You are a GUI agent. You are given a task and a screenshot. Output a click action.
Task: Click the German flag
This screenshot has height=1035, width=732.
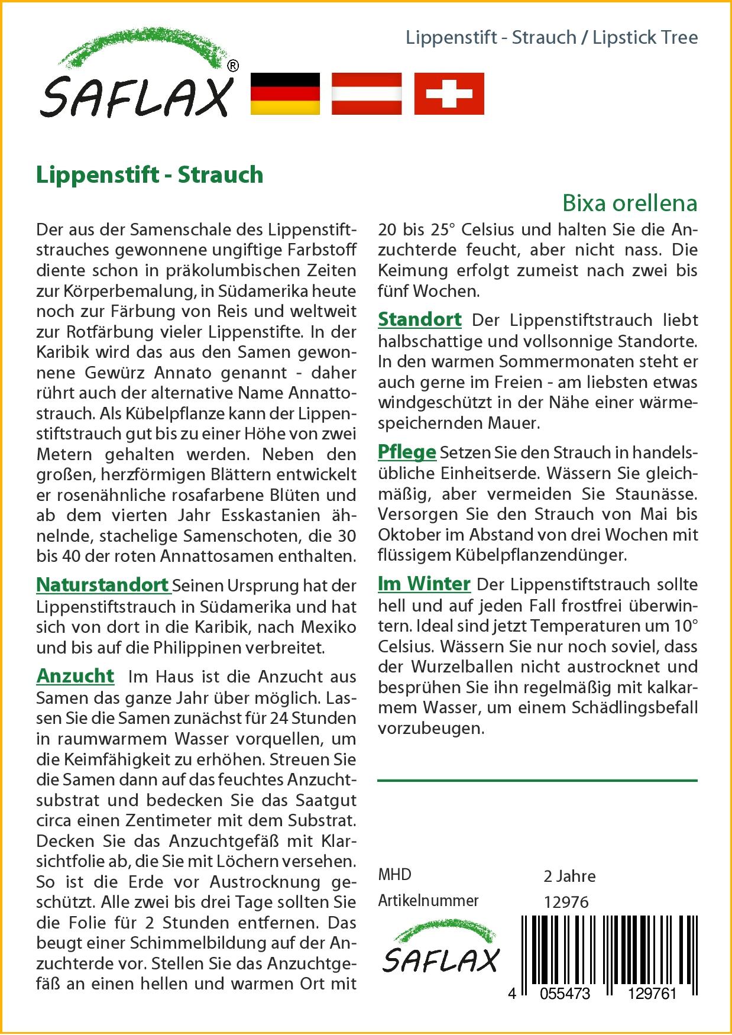pos(285,93)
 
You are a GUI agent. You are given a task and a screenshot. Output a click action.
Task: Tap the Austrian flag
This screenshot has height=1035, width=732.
pos(367,93)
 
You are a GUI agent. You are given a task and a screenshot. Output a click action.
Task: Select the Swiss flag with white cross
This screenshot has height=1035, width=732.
pos(449,93)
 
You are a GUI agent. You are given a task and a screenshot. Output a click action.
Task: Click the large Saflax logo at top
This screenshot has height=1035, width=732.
pos(137,77)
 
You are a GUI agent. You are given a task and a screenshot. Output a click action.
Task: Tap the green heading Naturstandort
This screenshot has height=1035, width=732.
pos(103,585)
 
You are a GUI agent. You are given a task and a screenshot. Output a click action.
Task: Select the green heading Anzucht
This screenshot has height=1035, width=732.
pos(75,675)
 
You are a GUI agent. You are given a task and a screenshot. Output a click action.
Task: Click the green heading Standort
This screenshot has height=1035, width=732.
pos(420,319)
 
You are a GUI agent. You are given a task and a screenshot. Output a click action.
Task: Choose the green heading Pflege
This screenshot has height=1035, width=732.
pos(407,452)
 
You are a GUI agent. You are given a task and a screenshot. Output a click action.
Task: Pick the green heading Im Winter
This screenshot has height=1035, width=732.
pos(424,584)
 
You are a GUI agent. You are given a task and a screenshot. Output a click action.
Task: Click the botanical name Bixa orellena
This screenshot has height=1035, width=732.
pos(630,203)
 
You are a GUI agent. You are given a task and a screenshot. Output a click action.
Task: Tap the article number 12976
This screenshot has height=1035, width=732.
pos(566,902)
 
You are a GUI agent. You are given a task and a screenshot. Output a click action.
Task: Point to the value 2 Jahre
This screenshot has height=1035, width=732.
pos(569,876)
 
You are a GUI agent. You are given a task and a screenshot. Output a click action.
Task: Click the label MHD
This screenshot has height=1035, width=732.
pos(394,875)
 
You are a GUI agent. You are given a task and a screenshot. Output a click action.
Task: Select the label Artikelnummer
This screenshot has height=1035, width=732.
pos(428,901)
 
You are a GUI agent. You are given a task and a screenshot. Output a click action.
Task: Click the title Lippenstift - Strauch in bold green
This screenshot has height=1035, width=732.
pos(150,175)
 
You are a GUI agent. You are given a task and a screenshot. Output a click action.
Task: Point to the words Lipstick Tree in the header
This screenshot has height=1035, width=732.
pos(645,38)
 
